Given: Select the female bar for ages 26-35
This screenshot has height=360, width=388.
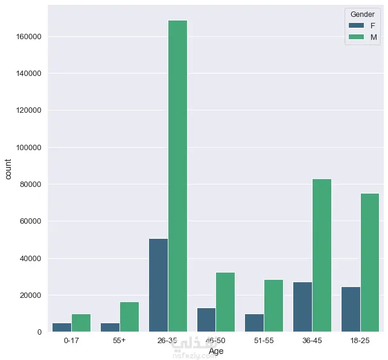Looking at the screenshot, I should click(158, 285).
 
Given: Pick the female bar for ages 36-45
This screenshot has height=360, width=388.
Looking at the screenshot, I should click(302, 307).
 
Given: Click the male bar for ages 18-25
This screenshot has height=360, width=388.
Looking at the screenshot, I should click(370, 262).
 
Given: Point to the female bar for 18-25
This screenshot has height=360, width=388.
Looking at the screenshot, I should click(351, 309).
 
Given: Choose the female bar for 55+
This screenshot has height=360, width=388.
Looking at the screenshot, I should click(110, 327).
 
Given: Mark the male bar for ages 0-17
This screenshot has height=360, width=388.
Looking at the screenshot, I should click(81, 323).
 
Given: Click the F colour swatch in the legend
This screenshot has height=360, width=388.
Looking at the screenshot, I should click(356, 25).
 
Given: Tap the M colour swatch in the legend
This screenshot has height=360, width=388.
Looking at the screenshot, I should click(356, 37).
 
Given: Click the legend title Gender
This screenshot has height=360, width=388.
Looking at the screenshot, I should click(362, 14).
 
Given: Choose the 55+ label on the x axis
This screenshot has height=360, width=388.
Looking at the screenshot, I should click(119, 341).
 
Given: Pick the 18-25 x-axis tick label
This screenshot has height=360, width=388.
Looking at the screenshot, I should click(360, 341).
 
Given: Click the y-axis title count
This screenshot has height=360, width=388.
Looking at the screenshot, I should click(8, 169).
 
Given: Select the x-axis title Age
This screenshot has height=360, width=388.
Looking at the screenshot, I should click(215, 352).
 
